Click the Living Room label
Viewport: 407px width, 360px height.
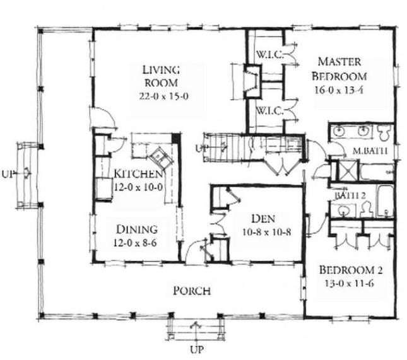(161, 76)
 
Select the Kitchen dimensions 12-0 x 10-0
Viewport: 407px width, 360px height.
(139, 187)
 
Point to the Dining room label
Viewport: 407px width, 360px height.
(136, 229)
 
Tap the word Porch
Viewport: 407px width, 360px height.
(191, 291)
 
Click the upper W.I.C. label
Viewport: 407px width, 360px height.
(268, 54)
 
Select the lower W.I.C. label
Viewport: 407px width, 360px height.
(268, 110)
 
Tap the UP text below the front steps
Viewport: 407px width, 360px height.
(196, 349)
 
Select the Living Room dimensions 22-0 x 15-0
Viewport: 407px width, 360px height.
(161, 96)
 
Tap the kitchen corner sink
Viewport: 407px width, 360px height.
(155, 154)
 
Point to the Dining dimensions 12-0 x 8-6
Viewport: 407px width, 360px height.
(136, 242)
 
